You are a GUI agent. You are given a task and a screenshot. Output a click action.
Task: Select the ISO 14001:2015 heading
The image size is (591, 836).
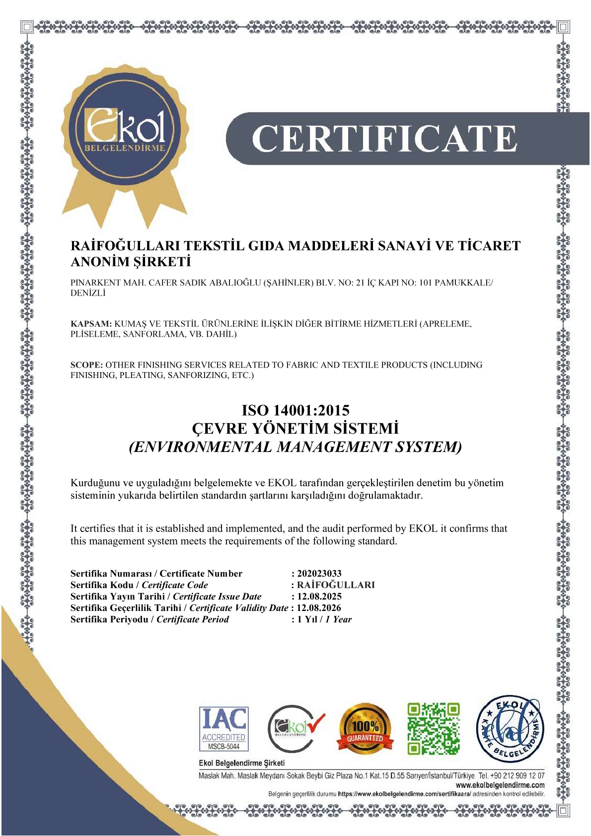[x=295, y=410]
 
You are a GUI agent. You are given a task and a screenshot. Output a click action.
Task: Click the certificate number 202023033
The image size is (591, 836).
[x=319, y=574]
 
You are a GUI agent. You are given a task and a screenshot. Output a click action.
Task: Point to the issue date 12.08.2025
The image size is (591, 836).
[x=319, y=597]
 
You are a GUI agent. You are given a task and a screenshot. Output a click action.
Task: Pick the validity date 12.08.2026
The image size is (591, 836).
[x=319, y=608]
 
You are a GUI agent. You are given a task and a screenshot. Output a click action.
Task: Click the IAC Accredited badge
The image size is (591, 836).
[x=223, y=729]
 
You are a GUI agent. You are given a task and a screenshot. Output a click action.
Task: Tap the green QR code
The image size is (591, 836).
[x=434, y=729]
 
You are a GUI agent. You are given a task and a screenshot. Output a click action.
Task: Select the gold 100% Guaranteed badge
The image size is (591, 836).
[x=365, y=729]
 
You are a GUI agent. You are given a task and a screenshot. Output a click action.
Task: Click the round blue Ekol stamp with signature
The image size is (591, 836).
[x=510, y=729]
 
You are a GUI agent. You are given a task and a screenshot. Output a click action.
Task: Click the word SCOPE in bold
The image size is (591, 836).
[x=86, y=365]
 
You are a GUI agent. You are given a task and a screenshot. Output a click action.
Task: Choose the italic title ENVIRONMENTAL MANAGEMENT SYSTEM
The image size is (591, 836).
[x=295, y=447]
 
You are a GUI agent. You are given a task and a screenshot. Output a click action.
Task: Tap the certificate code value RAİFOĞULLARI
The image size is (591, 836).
[x=336, y=585]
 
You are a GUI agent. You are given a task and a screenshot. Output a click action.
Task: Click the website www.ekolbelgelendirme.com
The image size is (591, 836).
[x=500, y=785]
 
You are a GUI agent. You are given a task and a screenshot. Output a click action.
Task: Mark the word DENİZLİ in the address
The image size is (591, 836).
[x=88, y=293]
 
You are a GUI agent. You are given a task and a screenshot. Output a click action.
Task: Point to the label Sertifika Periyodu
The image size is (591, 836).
[x=109, y=619]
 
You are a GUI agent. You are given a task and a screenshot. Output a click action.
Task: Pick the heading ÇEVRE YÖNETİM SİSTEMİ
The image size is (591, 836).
[x=295, y=429]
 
